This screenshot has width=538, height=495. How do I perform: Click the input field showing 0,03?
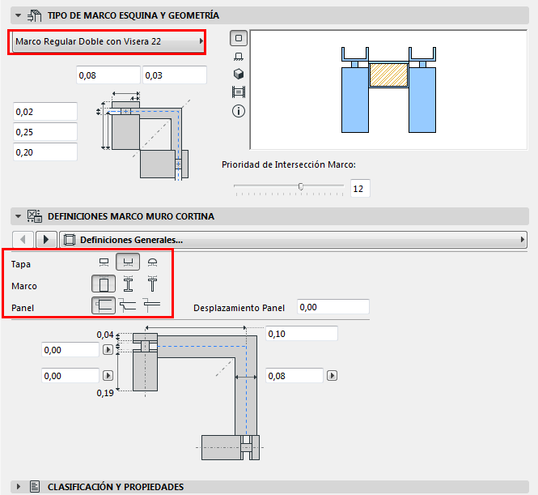click(x=174, y=75)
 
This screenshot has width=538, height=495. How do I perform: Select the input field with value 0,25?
click(x=45, y=131)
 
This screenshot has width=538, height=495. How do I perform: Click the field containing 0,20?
click(x=45, y=151)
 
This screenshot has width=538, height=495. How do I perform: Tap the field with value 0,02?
click(x=45, y=111)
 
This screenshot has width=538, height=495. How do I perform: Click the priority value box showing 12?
click(x=359, y=188)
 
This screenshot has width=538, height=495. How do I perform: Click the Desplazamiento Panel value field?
click(x=333, y=307)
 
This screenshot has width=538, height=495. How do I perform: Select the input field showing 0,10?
click(x=301, y=334)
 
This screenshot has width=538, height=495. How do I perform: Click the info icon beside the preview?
click(x=239, y=110)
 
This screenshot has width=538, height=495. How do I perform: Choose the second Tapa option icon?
click(x=127, y=262)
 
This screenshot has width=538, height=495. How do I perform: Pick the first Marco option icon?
click(x=103, y=284)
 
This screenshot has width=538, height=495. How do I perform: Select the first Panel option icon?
click(x=103, y=305)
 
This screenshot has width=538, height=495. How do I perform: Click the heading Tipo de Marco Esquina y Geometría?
click(x=133, y=15)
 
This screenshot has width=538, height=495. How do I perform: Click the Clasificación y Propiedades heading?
click(x=116, y=487)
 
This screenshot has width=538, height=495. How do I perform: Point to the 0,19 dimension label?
click(x=105, y=394)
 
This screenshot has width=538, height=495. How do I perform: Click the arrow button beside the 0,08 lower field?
click(x=332, y=376)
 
